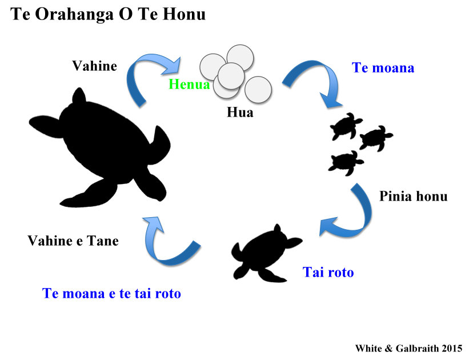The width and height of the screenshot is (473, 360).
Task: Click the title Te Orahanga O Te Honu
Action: click(x=108, y=14)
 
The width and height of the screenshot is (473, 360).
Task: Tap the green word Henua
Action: click(x=189, y=84)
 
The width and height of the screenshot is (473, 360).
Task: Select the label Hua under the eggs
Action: click(x=240, y=112)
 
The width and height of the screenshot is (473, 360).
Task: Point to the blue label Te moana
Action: click(x=383, y=67)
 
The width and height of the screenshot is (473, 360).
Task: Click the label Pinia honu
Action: click(x=413, y=196)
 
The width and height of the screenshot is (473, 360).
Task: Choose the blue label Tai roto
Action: click(x=328, y=272)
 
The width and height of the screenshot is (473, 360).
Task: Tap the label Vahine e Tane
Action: click(x=73, y=241)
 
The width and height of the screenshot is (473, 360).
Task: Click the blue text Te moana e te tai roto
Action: click(x=111, y=293)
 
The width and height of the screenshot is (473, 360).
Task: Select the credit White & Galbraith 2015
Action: click(x=409, y=348)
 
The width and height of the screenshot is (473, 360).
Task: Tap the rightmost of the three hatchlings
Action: click(x=376, y=138)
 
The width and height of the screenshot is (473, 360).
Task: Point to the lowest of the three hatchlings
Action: click(x=346, y=163)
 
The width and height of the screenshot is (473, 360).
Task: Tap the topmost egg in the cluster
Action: click(x=240, y=58)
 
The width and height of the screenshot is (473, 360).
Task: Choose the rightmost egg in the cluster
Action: click(x=258, y=90)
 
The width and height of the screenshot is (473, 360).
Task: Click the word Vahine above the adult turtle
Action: click(x=94, y=66)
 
